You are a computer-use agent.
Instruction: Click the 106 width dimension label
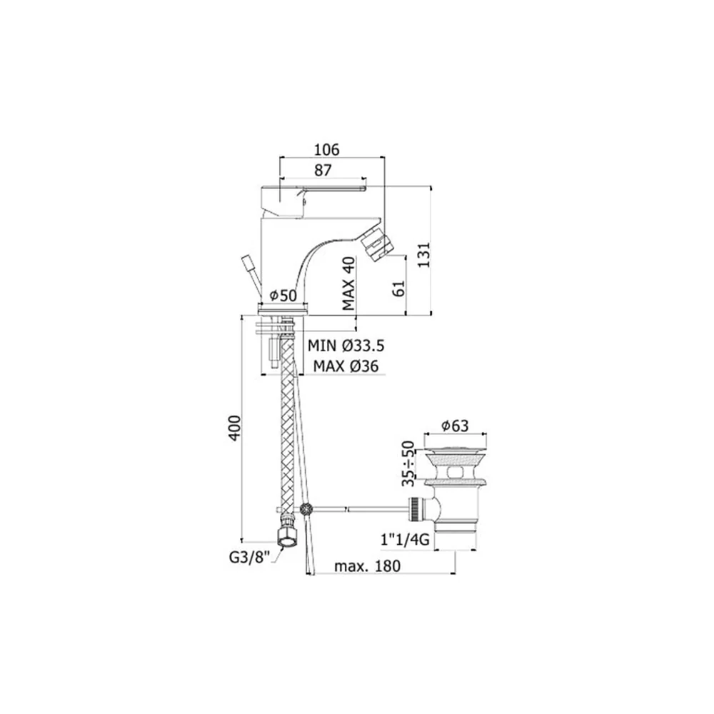point(326,149)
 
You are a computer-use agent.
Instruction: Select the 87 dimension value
point(323,171)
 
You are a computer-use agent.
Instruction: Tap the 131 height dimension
point(423,255)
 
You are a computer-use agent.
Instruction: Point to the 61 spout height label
point(398,288)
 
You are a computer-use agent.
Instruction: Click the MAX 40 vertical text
point(348,283)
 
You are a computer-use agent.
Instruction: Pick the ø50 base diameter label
point(283,296)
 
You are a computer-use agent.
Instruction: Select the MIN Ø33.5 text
point(346,346)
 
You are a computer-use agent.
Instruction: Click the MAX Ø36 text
point(346,366)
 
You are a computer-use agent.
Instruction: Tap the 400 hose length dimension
point(234,428)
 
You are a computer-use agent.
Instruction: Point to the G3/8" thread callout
point(248,558)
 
